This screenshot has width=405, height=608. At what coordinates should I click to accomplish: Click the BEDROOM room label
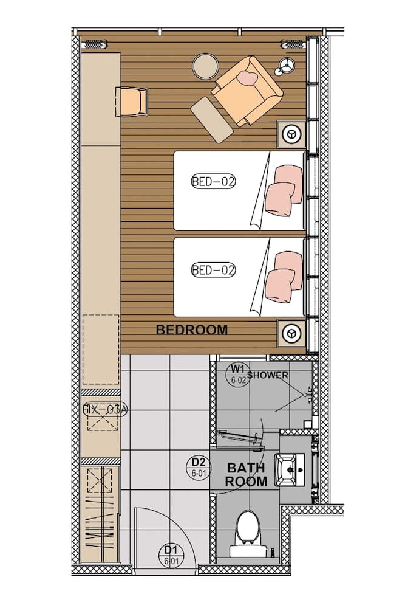pos(192,330)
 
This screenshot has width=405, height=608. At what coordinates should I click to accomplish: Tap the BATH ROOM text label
pos(246,475)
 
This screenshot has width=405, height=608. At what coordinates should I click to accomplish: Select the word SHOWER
pos(267,375)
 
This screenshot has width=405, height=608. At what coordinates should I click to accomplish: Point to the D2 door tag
pos(198,466)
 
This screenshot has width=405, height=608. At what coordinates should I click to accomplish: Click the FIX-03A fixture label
pos(104,410)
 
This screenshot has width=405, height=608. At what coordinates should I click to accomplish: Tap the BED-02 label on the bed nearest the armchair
pos(213,181)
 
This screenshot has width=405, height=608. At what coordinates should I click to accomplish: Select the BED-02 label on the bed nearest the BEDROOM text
pos(213,270)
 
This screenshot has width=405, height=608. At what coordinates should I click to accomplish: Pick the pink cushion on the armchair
pos(247,78)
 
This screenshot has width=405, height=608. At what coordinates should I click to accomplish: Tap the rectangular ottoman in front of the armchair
pos(212,120)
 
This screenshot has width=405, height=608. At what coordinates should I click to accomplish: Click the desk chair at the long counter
pos(132,101)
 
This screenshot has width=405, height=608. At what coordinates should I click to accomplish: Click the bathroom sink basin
pos(290,470)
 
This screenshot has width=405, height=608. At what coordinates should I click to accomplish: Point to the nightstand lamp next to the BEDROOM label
pos(292,333)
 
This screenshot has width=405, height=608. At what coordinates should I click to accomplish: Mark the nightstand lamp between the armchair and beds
pos(292,133)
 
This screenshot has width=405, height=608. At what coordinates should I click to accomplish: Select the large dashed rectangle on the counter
pos(101,349)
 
